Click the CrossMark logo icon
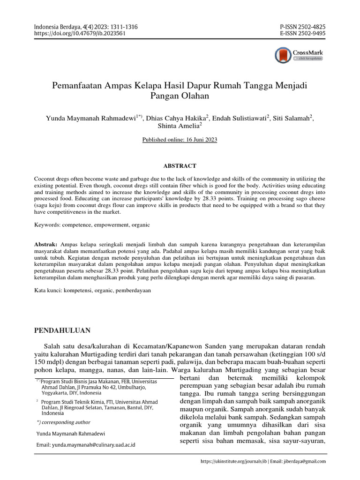[283, 55]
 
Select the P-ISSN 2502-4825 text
[302, 27]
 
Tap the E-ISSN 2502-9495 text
[302, 34]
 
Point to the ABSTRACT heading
[180, 166]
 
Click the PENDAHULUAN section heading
[63, 330]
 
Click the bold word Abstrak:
[46, 245]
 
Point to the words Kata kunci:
[49, 291]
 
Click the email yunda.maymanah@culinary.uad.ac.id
[93, 444]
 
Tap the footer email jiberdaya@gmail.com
[304, 461]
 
